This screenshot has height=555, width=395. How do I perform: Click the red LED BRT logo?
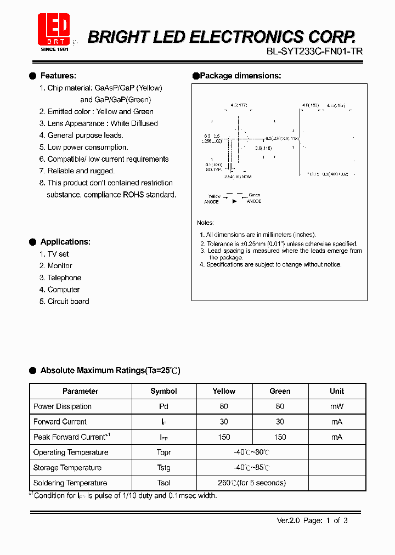(53, 29)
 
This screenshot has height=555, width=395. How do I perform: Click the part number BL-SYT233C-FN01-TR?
(314, 51)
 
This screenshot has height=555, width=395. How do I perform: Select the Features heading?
(58, 76)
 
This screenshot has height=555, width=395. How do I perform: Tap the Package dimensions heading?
(240, 76)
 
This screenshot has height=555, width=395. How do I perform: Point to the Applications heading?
(65, 242)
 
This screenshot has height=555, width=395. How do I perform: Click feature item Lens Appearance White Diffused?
(98, 123)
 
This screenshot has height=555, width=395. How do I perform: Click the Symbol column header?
(163, 391)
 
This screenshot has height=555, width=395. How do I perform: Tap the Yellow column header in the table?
(224, 391)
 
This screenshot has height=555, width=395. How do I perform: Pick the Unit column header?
(337, 391)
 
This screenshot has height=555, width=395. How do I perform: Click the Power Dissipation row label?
(63, 406)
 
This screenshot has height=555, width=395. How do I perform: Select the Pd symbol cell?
(163, 406)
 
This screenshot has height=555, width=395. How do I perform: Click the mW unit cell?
(337, 406)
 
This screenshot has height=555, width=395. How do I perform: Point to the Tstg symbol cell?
(163, 468)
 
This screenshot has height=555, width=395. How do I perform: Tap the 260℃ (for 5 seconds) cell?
(252, 483)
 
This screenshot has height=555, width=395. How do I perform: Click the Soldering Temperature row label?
(70, 483)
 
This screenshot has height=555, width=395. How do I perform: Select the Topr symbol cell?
(163, 452)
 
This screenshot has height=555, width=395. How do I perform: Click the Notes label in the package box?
(205, 223)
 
